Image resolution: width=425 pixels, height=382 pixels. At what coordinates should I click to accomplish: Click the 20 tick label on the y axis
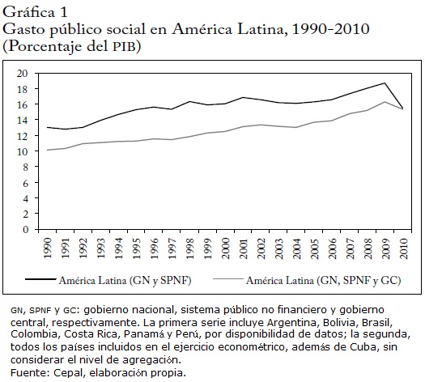(x=23, y=74)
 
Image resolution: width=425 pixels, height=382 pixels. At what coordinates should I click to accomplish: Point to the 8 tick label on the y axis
(x=25, y=168)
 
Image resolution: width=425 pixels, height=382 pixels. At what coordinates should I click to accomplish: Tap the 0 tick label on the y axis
(x=25, y=230)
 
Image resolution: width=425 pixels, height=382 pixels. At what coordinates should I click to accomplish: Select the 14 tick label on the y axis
(x=23, y=120)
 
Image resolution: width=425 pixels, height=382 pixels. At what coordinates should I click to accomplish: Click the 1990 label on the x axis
(x=48, y=248)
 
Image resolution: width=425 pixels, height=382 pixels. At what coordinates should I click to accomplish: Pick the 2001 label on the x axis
(x=244, y=248)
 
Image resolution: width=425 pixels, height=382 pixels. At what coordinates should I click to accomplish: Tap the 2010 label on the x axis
(x=404, y=248)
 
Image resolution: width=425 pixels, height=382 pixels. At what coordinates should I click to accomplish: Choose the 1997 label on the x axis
(x=172, y=248)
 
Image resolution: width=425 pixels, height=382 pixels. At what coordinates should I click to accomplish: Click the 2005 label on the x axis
(x=315, y=248)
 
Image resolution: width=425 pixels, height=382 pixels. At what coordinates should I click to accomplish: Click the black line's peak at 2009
(x=385, y=83)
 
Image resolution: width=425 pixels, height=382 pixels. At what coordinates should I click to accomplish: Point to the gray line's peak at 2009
(x=385, y=102)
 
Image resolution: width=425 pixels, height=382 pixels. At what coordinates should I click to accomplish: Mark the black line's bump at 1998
(x=189, y=102)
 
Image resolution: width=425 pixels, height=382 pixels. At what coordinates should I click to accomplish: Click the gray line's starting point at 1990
(x=48, y=150)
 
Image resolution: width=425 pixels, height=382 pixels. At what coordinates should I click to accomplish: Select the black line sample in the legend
(x=40, y=279)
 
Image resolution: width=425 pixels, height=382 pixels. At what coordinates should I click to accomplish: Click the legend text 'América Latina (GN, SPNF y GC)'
(x=323, y=280)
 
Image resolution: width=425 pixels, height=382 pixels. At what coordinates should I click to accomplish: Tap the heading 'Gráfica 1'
(x=35, y=12)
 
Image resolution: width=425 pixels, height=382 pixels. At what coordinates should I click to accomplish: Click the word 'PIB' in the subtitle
(x=124, y=47)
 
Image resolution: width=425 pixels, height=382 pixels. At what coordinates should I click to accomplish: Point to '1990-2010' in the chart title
(x=330, y=29)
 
